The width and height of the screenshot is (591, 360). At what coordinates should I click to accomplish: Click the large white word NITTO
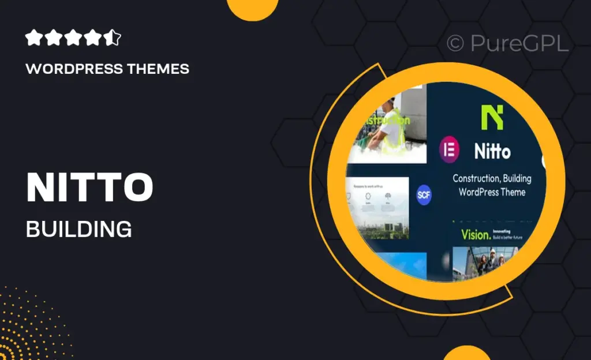pos(89,187)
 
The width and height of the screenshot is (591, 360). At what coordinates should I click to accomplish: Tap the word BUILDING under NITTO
pos(78,228)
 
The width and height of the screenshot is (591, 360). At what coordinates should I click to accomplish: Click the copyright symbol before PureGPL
pos(455,44)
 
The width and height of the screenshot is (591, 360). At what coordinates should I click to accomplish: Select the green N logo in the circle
pos(492,117)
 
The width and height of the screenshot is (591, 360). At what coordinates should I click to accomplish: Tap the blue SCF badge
pos(424,196)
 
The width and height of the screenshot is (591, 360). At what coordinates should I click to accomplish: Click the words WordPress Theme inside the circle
pos(492,192)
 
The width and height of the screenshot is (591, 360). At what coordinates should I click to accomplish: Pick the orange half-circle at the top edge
pos(249,8)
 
